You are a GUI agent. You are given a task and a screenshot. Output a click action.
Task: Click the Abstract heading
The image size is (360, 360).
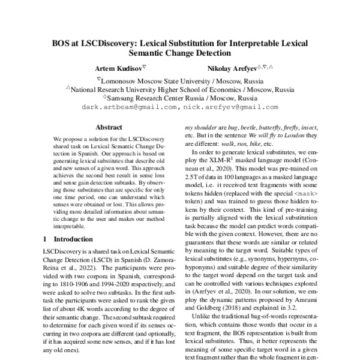click(109, 128)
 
